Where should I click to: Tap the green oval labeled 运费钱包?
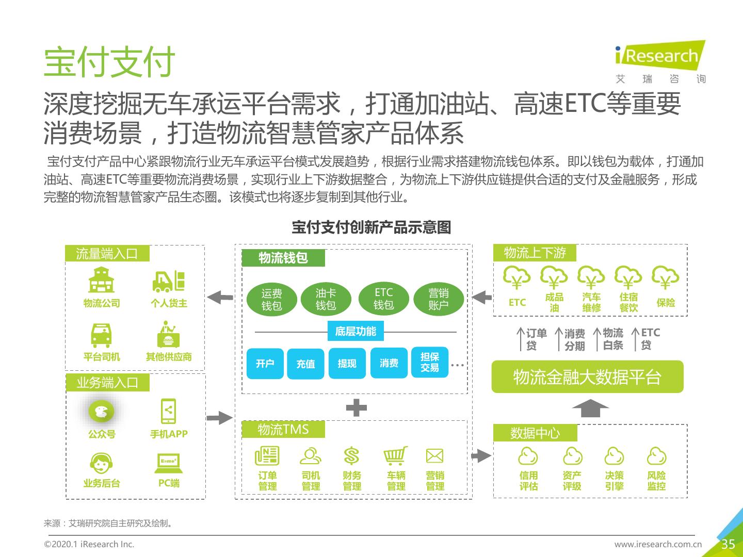271,299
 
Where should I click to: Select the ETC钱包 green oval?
383,299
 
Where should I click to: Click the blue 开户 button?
265,364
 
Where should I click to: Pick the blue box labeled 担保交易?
430,362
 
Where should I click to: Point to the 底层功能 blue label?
356,331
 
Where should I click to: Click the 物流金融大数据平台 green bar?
587,376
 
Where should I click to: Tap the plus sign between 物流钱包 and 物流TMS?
356,407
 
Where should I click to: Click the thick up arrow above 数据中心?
590,408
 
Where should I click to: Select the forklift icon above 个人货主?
169,281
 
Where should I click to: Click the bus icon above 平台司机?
101,335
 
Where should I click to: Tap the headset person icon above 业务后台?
101,463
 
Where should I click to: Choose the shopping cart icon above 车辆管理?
395,455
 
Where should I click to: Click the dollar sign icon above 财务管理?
351,455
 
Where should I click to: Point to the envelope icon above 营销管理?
434,455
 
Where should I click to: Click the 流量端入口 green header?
107,253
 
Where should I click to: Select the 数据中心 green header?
535,433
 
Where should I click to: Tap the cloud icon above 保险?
665,277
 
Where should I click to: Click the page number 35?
728,544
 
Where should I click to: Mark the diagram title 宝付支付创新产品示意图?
372,227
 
